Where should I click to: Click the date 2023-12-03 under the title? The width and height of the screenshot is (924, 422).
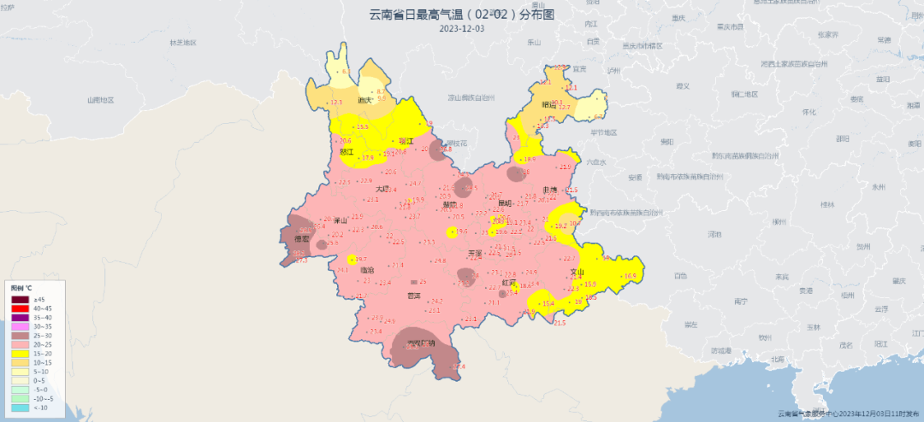(461, 28)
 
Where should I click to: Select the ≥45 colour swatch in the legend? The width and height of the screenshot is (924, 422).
(21, 299)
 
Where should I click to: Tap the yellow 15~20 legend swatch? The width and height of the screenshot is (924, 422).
(21, 352)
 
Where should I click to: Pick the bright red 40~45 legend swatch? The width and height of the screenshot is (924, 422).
(21, 308)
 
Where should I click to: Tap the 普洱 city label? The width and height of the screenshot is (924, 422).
(414, 296)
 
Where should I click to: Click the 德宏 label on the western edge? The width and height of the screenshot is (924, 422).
(302, 241)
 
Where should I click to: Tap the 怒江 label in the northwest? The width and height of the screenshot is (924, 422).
(346, 151)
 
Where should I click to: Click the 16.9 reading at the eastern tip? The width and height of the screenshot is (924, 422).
(631, 276)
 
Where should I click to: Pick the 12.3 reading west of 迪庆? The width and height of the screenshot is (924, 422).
(336, 103)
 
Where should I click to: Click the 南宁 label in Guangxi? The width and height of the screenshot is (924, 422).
(741, 302)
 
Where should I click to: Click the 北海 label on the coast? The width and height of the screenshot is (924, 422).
(776, 359)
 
